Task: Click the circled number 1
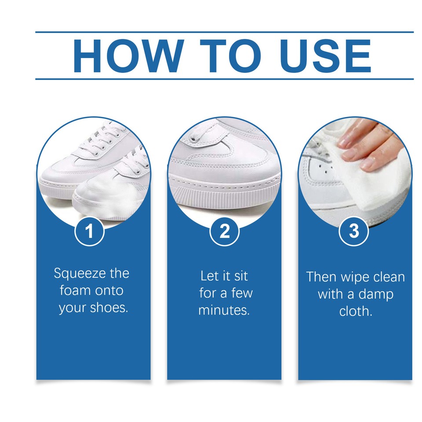90,231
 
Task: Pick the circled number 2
224,231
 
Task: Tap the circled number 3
354,231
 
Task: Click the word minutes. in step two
224,310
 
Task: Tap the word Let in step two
210,276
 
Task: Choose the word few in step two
241,293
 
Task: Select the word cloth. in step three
355,311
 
